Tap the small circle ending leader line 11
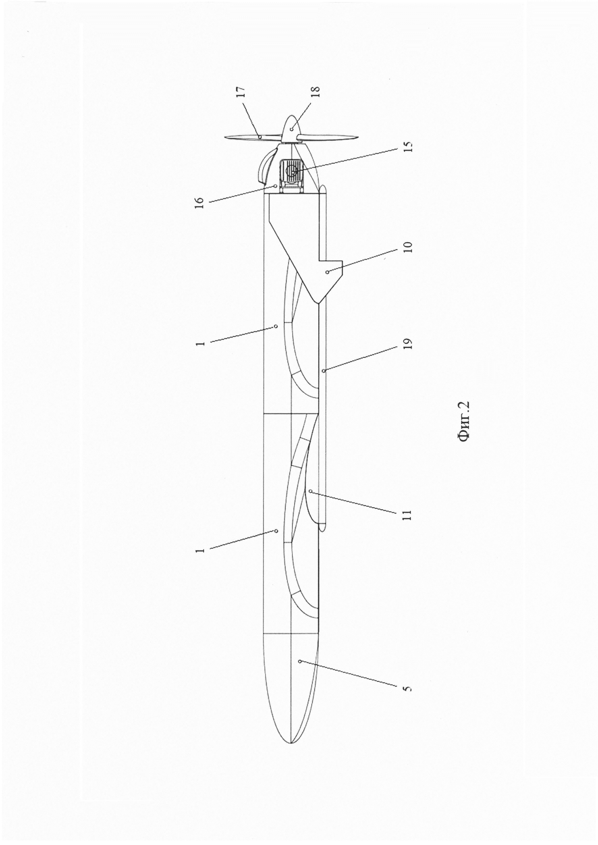coord(311,491)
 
